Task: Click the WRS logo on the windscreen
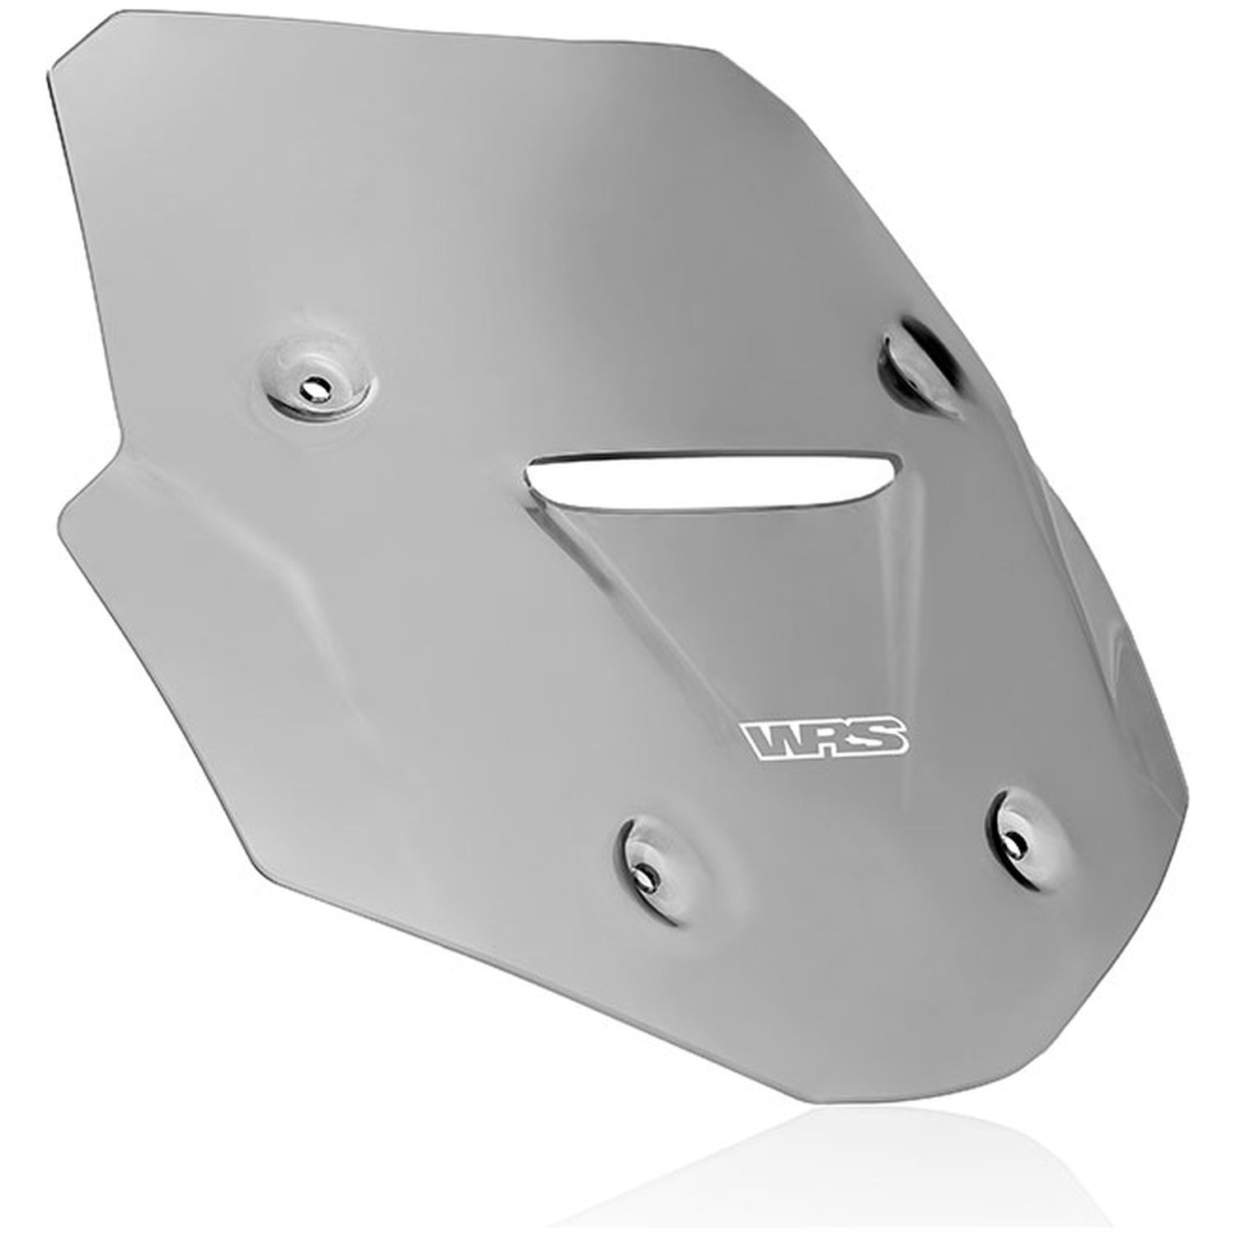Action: coord(825,737)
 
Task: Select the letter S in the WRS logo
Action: coord(880,736)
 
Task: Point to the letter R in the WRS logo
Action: coord(827,737)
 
